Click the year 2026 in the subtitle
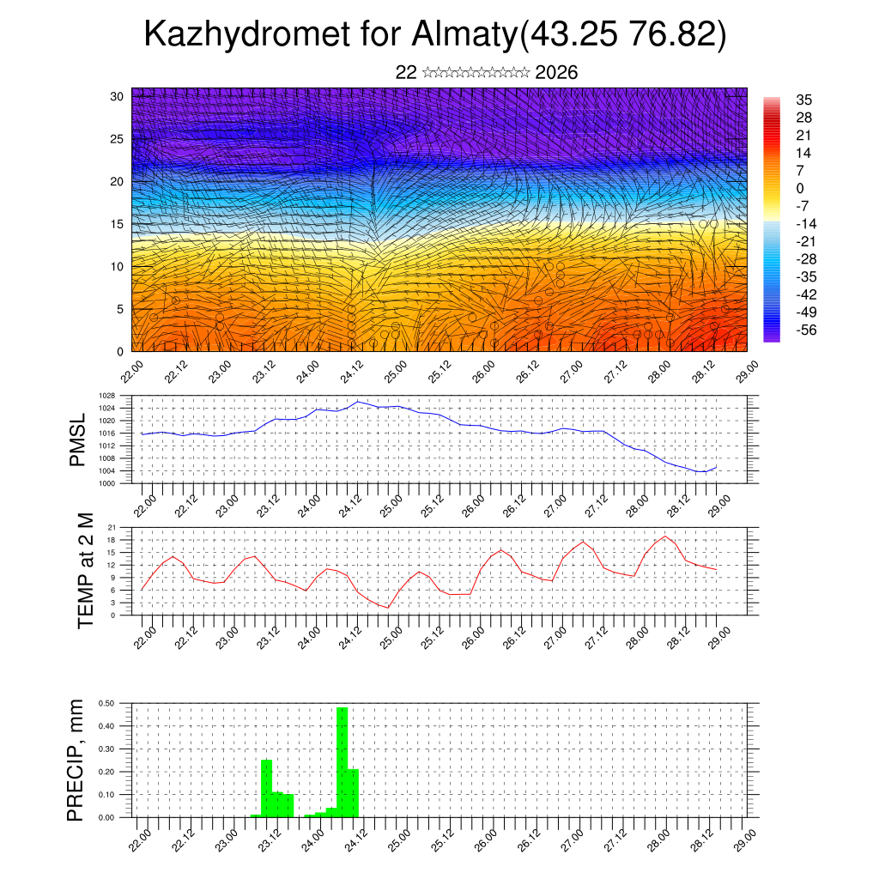point(556,73)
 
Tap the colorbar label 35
point(804,100)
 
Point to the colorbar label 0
point(800,188)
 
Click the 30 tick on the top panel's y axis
point(117,96)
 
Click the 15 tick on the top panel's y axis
point(117,224)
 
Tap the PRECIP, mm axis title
point(77,760)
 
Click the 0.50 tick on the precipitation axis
point(106,703)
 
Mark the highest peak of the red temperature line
point(665,536)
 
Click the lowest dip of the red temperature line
point(387,608)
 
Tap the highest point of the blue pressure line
point(358,401)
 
